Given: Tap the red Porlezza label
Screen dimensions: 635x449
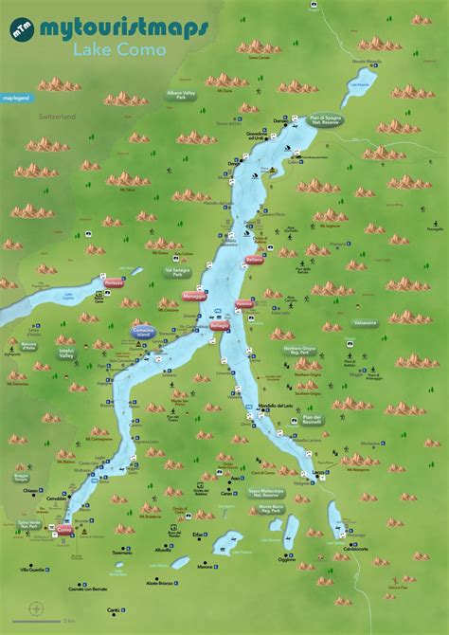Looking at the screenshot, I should (116, 282).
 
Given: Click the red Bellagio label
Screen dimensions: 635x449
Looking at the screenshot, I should (220, 325).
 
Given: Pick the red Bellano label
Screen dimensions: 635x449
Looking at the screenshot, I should (254, 259).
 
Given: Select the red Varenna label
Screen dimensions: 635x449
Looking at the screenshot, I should (244, 304).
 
